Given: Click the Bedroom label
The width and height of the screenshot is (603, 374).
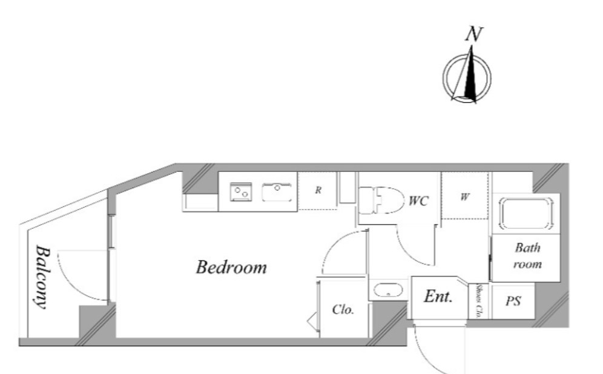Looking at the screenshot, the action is tap(231, 267).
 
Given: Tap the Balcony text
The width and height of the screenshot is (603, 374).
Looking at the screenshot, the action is tap(43, 277).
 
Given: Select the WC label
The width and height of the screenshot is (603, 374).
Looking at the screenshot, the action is tap(418, 201).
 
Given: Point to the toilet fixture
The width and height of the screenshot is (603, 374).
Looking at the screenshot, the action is tap(381, 200).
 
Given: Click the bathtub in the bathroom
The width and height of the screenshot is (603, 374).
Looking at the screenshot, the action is tap(526, 214).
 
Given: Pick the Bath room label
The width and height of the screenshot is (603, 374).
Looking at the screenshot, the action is tap(528, 255).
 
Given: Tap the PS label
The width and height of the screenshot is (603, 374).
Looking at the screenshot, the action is tap(513, 301).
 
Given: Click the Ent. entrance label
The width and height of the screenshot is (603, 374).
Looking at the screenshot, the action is tap(438, 297).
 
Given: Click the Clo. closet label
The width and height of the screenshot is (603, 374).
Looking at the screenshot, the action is tap(343, 309).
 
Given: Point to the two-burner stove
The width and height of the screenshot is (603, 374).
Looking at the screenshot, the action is tap(241, 192).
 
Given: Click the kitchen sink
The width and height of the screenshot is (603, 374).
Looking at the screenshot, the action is tap(277, 192).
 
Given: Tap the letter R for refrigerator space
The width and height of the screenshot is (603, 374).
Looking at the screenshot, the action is tap(318, 190).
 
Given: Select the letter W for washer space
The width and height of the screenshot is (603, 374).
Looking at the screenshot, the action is tap(464, 197).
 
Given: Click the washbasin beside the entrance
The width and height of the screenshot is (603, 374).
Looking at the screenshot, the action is tap(389, 290).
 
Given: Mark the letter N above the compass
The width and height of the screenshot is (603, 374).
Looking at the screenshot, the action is tap(474, 34).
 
